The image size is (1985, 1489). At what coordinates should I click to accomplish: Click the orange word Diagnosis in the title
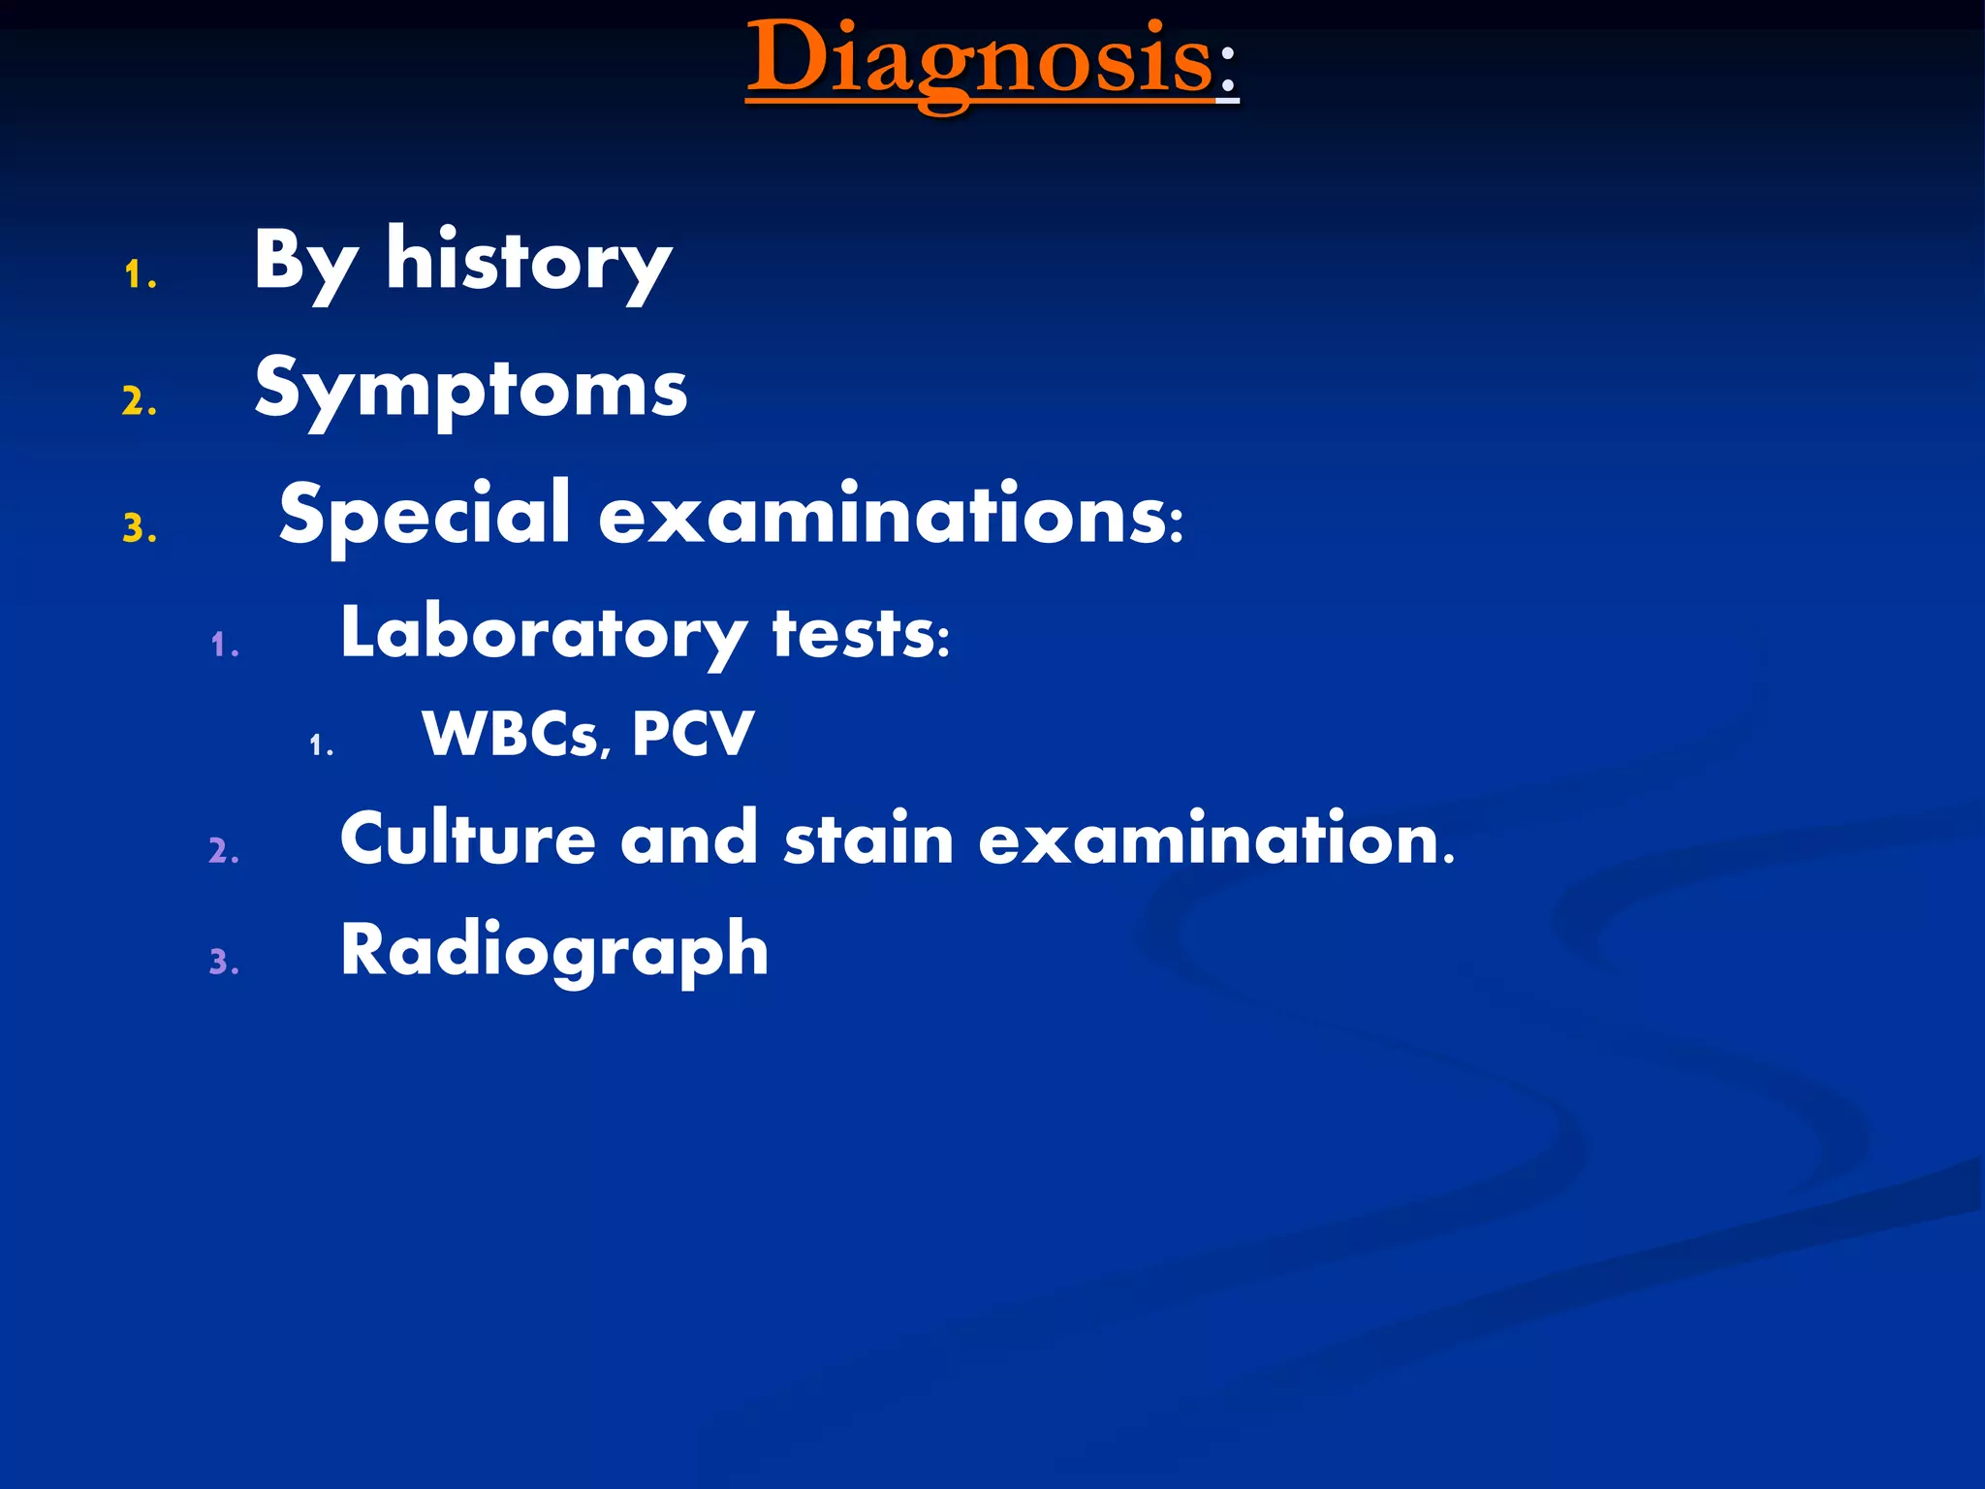coord(979,60)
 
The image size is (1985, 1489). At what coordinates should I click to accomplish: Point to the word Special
coord(425,514)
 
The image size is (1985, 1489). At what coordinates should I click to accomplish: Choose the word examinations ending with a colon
coord(890,514)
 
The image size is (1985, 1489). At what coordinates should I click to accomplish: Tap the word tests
coord(860,634)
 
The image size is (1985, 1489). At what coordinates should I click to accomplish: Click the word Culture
coord(467,839)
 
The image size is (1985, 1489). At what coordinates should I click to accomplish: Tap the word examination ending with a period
coord(1216,839)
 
